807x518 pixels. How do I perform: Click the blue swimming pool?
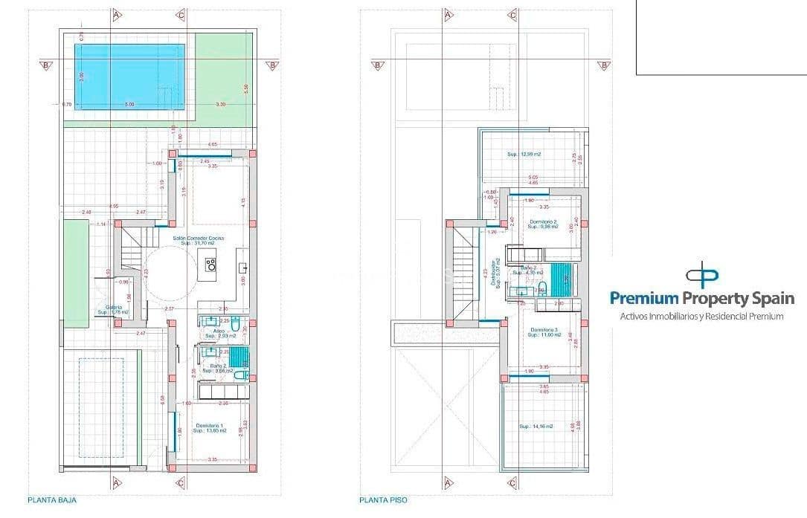point(130,76)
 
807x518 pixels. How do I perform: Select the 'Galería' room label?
point(113,309)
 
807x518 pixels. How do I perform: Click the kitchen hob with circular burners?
point(210,262)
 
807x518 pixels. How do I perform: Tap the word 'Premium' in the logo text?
point(644,299)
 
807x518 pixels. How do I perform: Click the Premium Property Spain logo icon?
point(702,274)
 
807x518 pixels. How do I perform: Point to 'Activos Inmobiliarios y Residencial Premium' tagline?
point(702,317)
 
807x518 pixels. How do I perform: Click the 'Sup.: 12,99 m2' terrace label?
point(524,155)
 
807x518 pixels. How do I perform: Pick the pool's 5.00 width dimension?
point(129,105)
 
